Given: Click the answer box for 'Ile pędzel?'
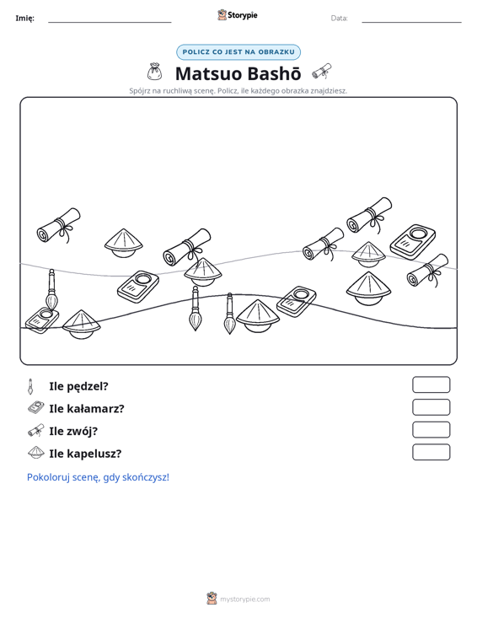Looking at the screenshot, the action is (x=431, y=384).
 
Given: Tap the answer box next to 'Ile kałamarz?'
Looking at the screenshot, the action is (x=431, y=407).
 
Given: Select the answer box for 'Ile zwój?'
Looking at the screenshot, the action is (x=431, y=430).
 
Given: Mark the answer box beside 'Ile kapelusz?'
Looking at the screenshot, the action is (x=431, y=452).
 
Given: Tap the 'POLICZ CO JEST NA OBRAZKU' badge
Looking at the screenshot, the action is (x=238, y=52).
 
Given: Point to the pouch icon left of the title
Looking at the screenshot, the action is (x=154, y=72).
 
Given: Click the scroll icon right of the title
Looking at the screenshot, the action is (x=322, y=72).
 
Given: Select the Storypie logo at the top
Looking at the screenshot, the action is (x=237, y=15).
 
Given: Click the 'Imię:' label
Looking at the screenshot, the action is (x=24, y=19).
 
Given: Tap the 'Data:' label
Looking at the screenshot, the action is (x=339, y=19).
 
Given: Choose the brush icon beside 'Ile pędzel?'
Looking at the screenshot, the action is (x=30, y=386).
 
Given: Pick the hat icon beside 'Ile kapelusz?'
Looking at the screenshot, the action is (x=36, y=453).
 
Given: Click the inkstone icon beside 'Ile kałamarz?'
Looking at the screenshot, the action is (x=36, y=407).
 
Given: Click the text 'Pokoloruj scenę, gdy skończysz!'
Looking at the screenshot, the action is (x=98, y=477).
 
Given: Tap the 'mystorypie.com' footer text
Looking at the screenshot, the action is (x=245, y=599).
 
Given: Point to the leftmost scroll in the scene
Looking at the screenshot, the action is (x=59, y=225).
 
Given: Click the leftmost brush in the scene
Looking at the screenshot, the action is (x=51, y=290).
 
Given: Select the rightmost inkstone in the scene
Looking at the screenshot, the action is (x=413, y=242).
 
